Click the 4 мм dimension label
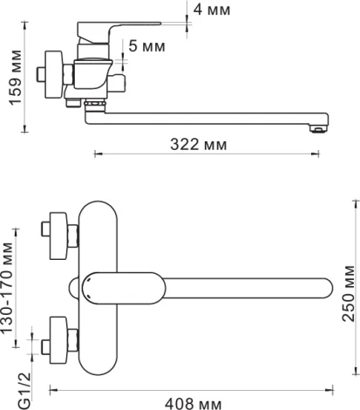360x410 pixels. point(212,10)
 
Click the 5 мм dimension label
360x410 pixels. point(147,46)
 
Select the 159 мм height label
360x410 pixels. point(16,78)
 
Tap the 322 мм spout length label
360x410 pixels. point(199,144)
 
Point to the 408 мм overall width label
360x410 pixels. point(194,404)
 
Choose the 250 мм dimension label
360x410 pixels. point(349,293)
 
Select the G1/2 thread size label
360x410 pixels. point(24,391)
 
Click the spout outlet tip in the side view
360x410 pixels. point(319,128)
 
